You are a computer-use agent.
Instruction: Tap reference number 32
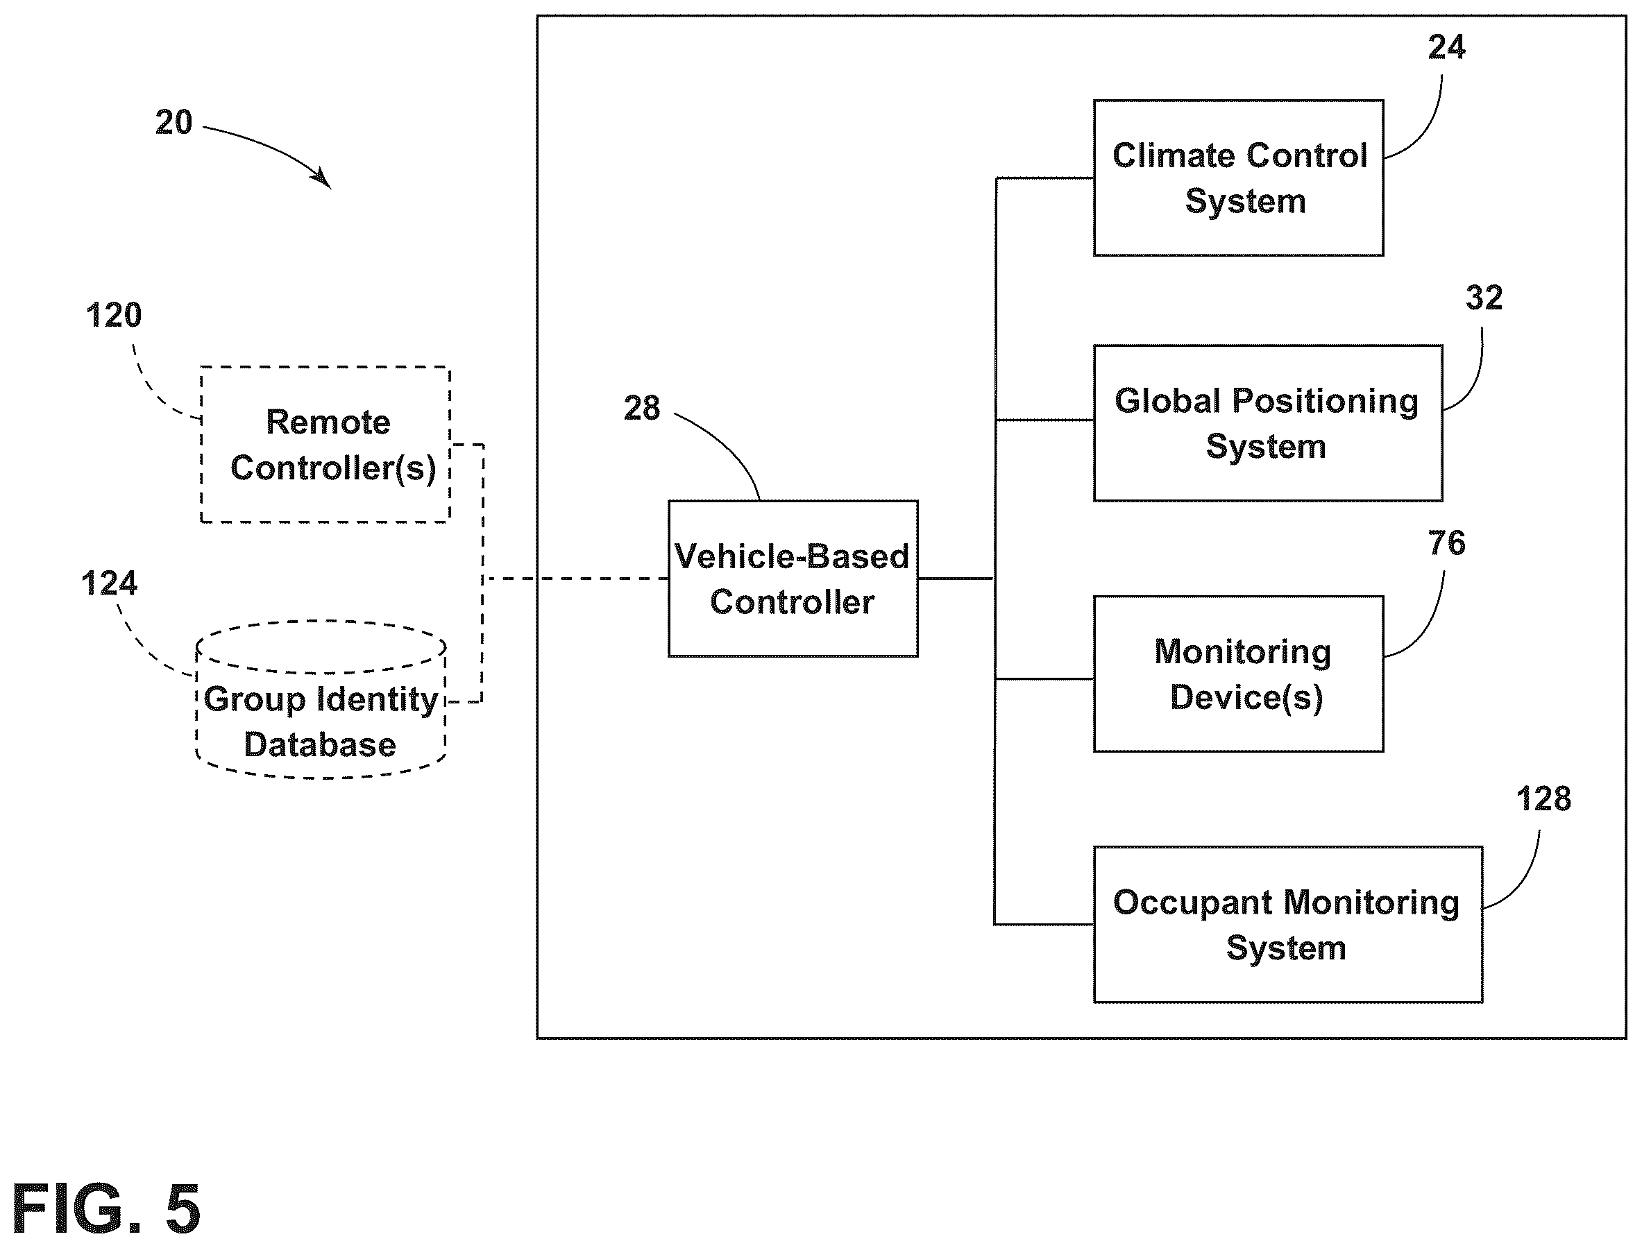pos(1484,298)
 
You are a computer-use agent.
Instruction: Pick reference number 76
pos(1446,544)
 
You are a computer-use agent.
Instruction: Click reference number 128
pos(1543,799)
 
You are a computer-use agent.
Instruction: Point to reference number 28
pos(642,409)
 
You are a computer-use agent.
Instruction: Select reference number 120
pos(114,316)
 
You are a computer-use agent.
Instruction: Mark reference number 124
pos(109,584)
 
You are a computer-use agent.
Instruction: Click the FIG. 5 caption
pos(106,1209)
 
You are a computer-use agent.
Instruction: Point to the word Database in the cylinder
pos(320,745)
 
